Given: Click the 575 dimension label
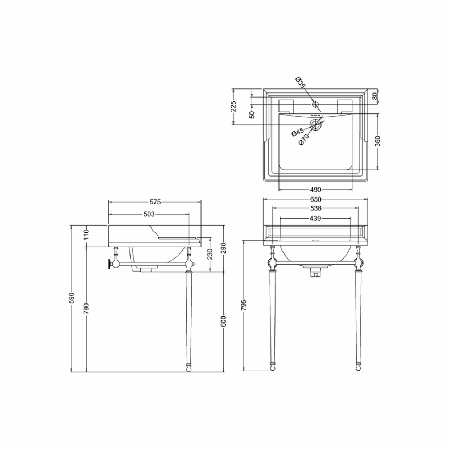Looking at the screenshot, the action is [155, 202].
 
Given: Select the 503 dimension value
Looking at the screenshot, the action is [149, 214].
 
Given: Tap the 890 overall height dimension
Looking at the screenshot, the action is [72, 298].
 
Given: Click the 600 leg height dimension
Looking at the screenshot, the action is [224, 321].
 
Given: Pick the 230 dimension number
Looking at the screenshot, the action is [210, 254].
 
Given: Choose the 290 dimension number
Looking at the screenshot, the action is [224, 248].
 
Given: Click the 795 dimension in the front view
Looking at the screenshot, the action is [244, 305].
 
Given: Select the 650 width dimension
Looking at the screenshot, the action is [316, 199].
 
